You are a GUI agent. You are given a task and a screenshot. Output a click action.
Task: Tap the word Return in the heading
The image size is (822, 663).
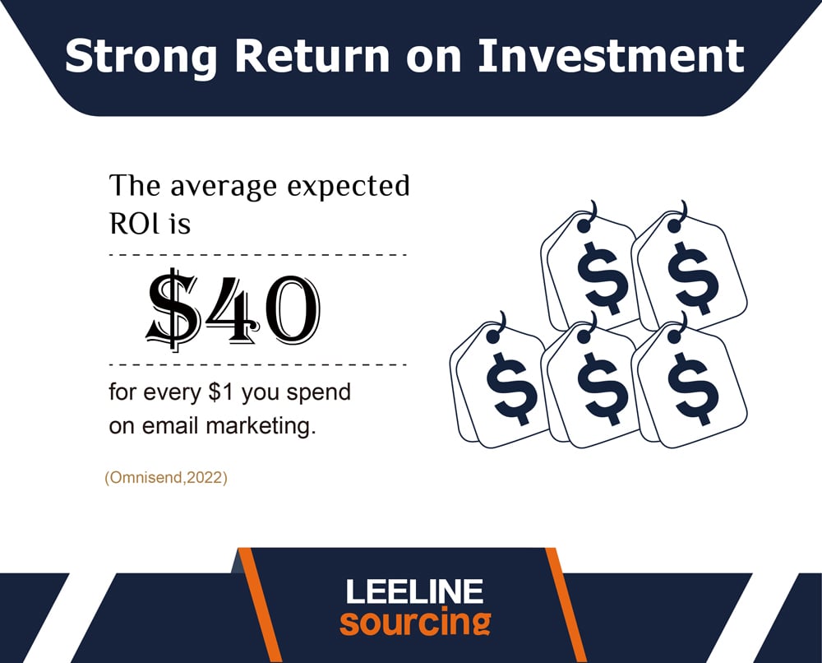pos(312,56)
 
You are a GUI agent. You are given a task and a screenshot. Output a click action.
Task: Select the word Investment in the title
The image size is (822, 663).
pos(611,56)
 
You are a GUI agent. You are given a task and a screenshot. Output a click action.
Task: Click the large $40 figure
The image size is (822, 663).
pos(233,309)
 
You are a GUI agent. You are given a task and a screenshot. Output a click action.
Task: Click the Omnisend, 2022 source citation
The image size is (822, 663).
pos(166,478)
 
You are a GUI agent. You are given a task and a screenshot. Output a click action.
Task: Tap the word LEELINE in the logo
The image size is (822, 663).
pos(414,591)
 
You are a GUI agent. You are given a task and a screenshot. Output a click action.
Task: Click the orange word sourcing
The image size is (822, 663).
pos(415,622)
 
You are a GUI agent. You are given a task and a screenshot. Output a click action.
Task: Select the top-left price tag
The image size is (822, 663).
pos(589,267)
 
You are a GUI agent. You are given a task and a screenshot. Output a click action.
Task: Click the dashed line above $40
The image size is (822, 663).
pos(258,255)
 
